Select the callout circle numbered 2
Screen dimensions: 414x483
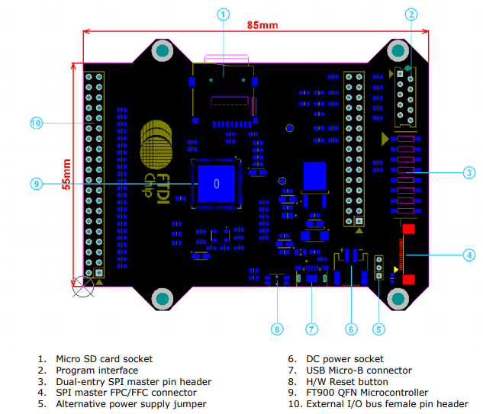pyautogui.click(x=411, y=14)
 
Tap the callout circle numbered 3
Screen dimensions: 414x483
pyautogui.click(x=469, y=173)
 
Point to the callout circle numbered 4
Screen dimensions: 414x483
pyautogui.click(x=469, y=255)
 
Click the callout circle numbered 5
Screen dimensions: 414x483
pyautogui.click(x=378, y=329)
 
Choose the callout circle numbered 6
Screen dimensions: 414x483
pyautogui.click(x=351, y=329)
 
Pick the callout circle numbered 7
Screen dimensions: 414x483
pyautogui.click(x=311, y=329)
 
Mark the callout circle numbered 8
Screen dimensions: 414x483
pyautogui.click(x=277, y=329)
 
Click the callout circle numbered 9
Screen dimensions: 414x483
pyautogui.click(x=36, y=184)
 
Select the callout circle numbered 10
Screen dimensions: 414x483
pyautogui.click(x=36, y=123)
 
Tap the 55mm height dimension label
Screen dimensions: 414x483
pyautogui.click(x=67, y=175)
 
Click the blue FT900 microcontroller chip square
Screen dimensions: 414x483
pyautogui.click(x=217, y=184)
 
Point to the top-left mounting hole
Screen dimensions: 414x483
pyautogui.click(x=163, y=52)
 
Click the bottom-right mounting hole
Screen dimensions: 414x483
pyautogui.click(x=398, y=297)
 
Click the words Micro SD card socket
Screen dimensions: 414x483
pyautogui.click(x=104, y=358)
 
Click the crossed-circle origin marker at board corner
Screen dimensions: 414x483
pyautogui.click(x=82, y=288)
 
